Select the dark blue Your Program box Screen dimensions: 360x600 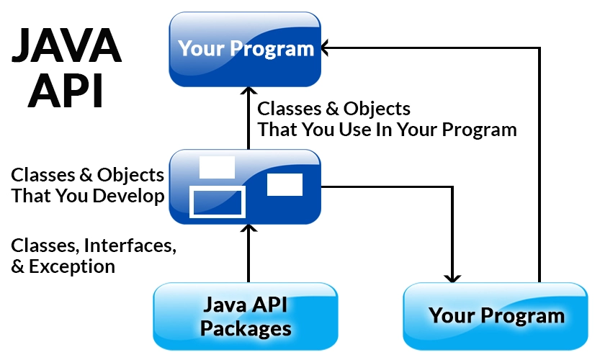point(245,49)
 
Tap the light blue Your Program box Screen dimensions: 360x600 point(496,315)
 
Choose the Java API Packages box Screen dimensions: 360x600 point(245,316)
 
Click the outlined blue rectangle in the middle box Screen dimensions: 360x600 point(218,201)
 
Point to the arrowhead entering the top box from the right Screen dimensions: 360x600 point(326,48)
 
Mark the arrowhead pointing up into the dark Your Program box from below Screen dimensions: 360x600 point(248,93)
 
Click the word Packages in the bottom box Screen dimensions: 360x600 point(246,329)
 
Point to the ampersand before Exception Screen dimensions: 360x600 point(18,266)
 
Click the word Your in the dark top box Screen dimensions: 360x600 point(201,49)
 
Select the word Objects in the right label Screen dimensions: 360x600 point(375,109)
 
